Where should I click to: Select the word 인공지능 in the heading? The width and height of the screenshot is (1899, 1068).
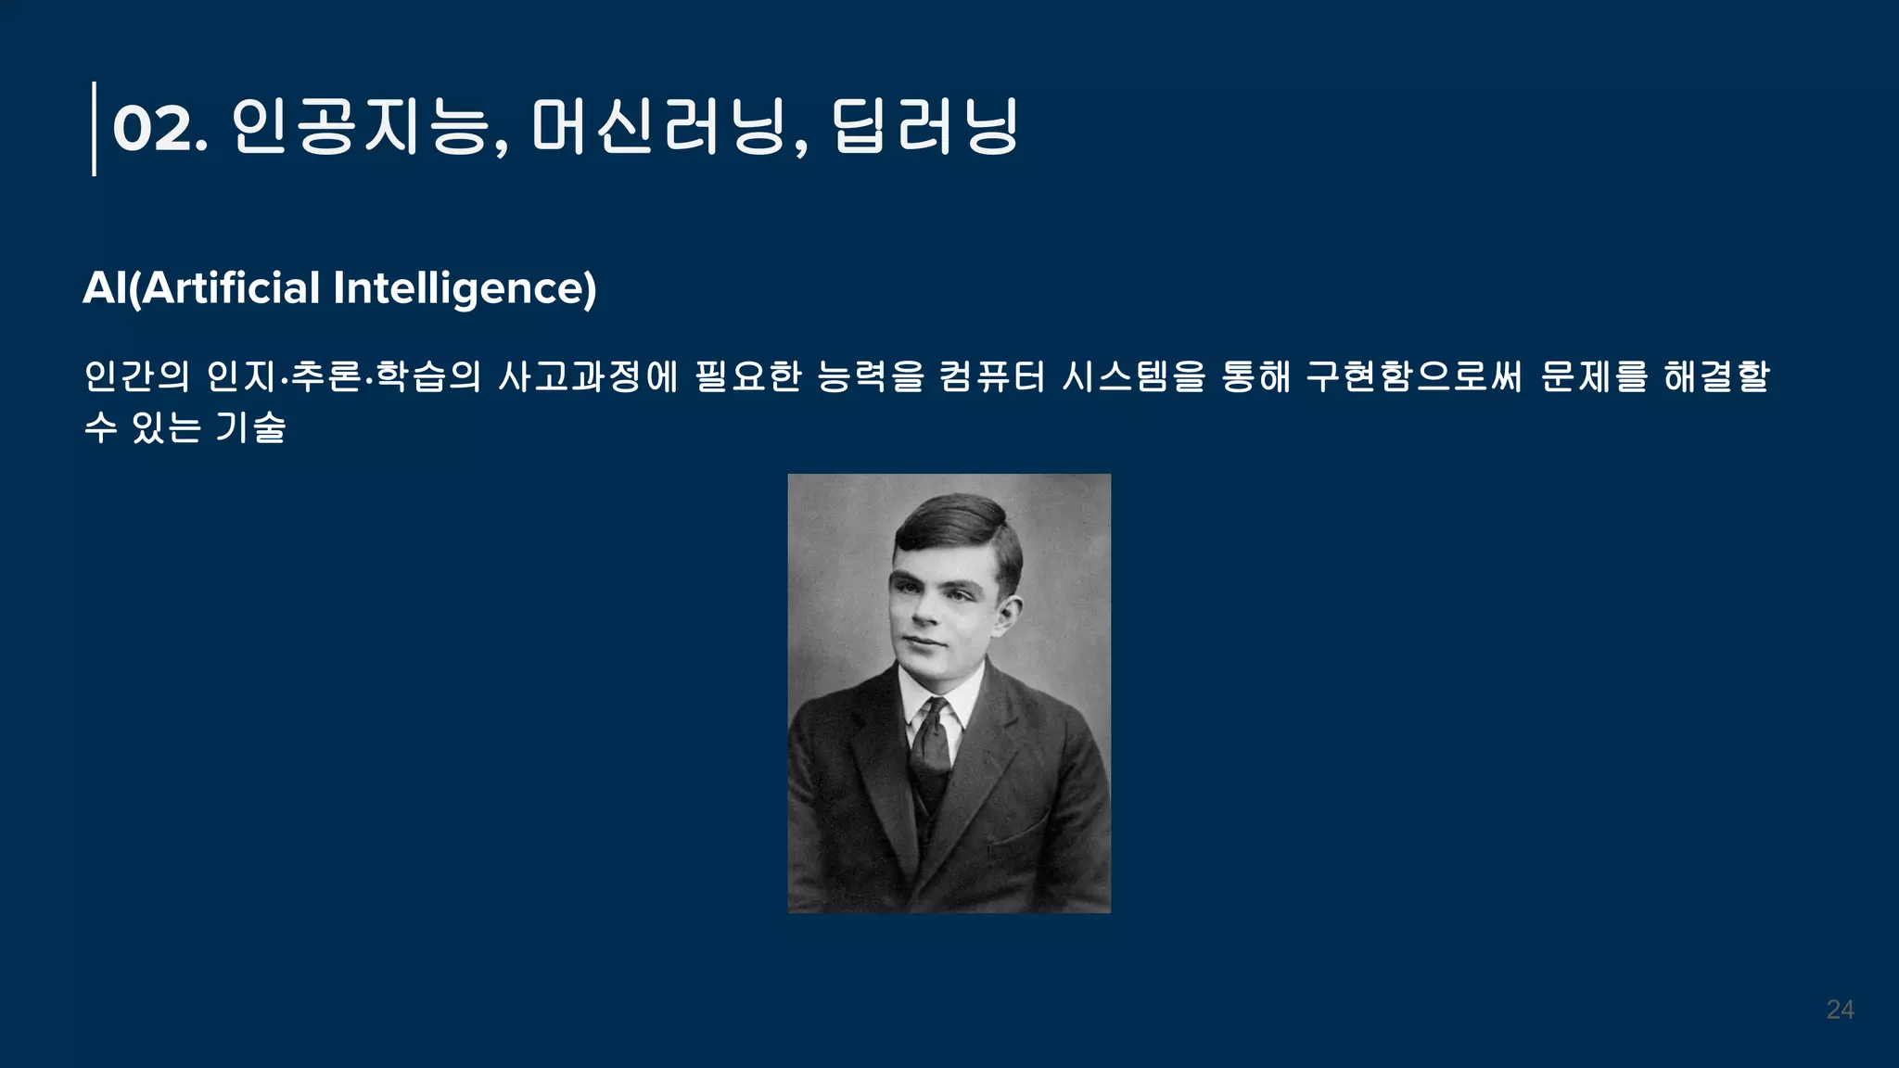(x=360, y=126)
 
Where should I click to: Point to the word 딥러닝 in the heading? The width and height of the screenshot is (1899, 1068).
(x=924, y=126)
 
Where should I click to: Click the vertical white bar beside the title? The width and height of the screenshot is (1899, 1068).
(x=94, y=128)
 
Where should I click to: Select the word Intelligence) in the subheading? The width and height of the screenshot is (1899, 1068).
(x=465, y=288)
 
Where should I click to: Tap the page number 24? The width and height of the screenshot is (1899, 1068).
(x=1840, y=1010)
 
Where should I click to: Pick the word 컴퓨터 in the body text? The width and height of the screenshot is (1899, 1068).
(x=991, y=376)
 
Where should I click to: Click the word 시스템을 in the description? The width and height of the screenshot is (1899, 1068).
(x=1133, y=376)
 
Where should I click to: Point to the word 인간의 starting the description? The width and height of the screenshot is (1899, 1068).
(x=136, y=376)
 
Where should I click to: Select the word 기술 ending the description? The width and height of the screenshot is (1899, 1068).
(x=250, y=427)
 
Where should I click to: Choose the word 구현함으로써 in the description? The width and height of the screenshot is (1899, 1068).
(x=1414, y=376)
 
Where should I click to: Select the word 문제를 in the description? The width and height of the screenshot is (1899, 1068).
(x=1593, y=376)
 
